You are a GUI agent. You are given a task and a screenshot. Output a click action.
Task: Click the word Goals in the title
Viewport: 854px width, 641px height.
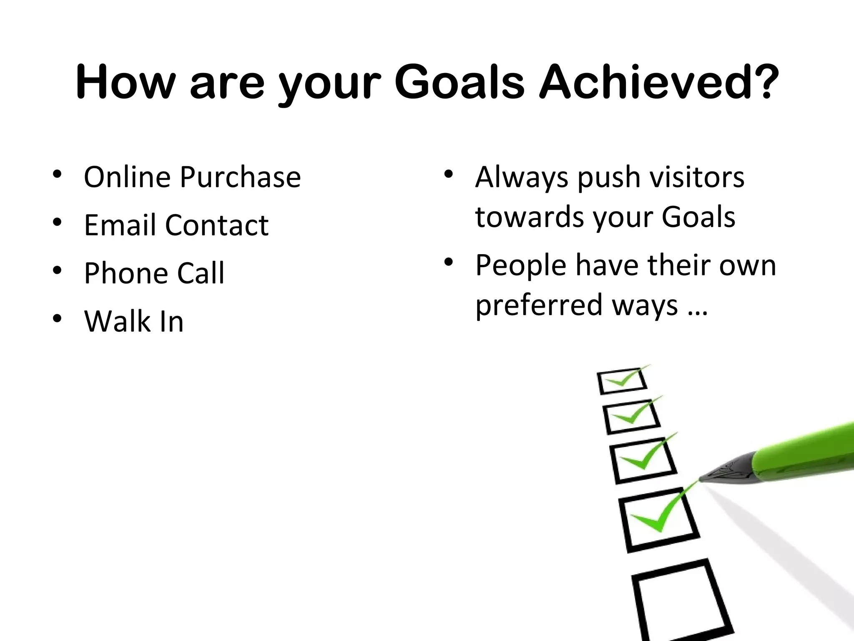coord(459,82)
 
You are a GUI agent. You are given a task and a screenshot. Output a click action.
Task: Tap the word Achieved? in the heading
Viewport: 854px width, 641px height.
coord(658,82)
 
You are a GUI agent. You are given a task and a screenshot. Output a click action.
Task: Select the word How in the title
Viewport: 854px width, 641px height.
coord(125,82)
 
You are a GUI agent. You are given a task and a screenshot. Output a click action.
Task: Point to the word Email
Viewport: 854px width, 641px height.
coord(121,225)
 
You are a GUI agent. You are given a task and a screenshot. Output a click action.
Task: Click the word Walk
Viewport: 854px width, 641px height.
coord(117,321)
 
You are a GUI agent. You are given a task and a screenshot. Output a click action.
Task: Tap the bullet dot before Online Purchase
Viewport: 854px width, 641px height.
coord(58,174)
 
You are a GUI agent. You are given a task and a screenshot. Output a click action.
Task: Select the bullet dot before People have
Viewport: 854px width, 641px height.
coord(449,262)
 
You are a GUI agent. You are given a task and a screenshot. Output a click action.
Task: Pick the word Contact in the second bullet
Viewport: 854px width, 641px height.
coord(217,225)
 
